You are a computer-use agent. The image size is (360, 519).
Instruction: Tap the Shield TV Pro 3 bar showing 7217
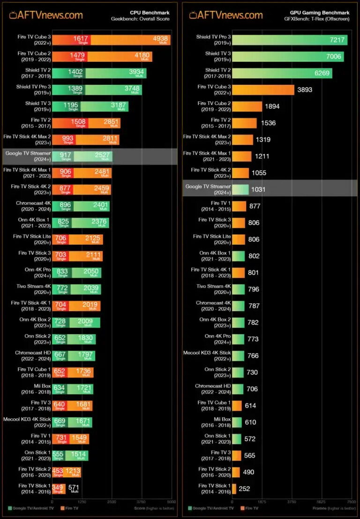290,40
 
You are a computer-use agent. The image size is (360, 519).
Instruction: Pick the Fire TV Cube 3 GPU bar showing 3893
263,90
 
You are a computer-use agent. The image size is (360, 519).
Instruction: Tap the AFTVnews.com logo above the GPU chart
226,15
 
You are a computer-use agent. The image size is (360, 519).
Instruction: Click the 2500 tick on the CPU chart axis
112,501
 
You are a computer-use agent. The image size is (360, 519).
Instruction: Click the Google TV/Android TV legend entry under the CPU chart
30,508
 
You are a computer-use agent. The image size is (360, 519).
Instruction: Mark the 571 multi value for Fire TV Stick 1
74,488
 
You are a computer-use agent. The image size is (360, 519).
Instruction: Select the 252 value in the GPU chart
244,489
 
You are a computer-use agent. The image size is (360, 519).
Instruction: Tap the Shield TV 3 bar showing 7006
288,56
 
